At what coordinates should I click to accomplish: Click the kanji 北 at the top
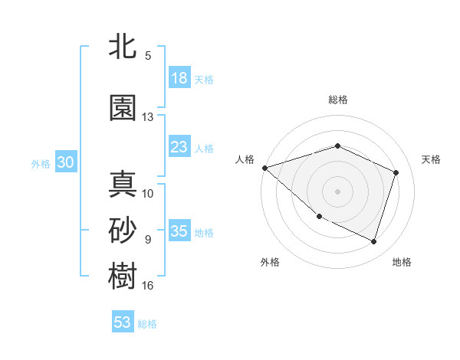123,47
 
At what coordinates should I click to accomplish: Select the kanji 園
123,108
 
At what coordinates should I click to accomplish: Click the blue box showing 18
179,78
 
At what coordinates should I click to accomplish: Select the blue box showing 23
179,146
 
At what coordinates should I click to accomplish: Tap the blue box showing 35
179,231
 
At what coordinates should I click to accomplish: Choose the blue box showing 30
65,162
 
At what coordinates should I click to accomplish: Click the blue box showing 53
123,322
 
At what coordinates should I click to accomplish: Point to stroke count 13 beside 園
148,117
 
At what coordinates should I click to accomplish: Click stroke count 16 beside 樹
148,286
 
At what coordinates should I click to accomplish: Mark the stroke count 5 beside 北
148,56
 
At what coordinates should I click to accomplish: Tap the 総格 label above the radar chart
337,100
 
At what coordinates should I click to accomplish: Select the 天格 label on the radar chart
432,159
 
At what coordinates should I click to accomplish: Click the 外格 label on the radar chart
270,262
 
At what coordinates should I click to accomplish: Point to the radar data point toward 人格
264,167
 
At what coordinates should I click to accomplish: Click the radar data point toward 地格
373,241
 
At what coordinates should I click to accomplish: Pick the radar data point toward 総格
337,146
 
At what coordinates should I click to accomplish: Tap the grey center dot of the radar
337,191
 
